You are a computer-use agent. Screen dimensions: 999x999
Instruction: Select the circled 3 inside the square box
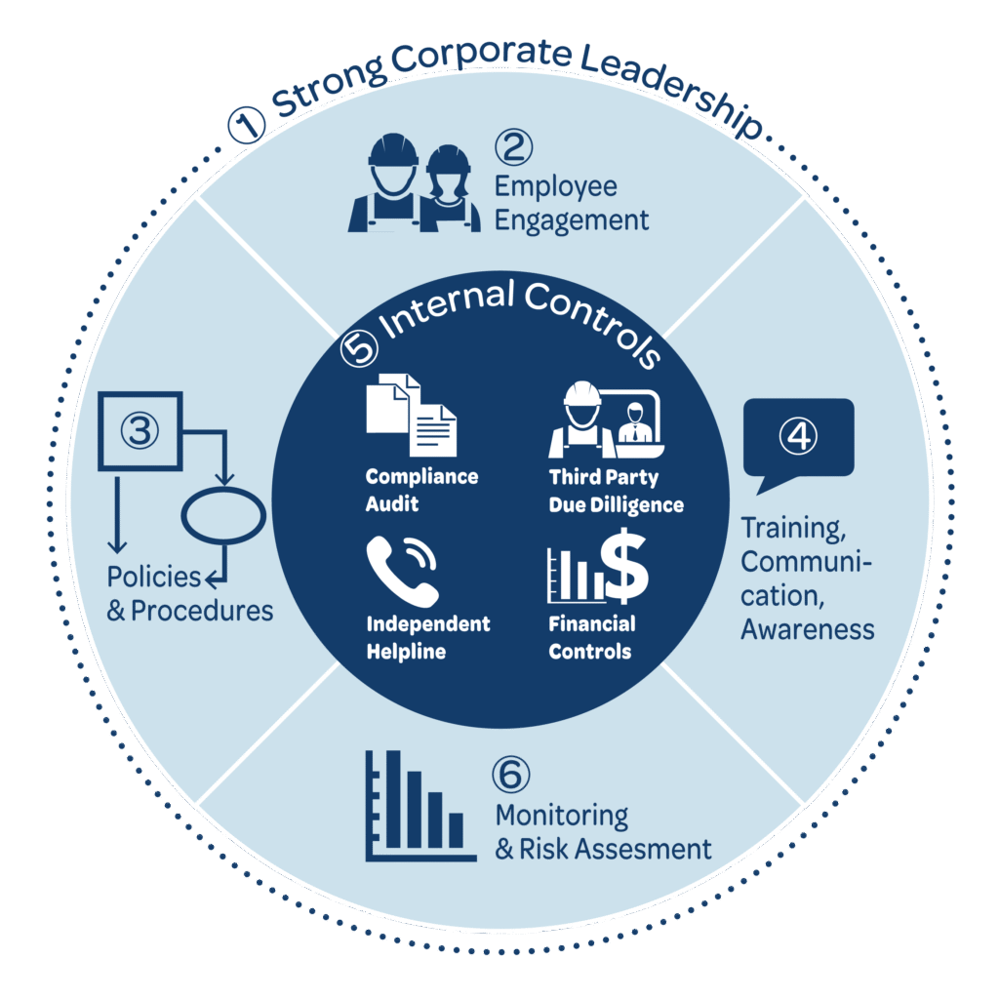[139, 430]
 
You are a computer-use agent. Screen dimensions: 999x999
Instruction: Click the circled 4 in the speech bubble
[798, 437]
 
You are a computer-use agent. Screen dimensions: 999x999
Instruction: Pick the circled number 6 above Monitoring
[512, 776]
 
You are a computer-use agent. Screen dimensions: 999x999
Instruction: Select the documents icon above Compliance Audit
[411, 414]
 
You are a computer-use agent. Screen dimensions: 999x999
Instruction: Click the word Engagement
[572, 220]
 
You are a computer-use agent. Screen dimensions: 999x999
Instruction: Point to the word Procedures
[202, 612]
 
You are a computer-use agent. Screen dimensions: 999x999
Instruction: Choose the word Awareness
[807, 629]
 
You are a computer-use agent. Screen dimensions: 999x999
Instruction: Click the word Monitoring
[561, 816]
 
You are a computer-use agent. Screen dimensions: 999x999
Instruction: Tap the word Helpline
[406, 652]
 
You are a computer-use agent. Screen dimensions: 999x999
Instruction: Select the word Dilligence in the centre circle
[641, 505]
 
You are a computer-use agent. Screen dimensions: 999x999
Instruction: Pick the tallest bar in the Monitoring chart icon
[393, 799]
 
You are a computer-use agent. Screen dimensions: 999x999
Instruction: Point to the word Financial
[591, 624]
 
